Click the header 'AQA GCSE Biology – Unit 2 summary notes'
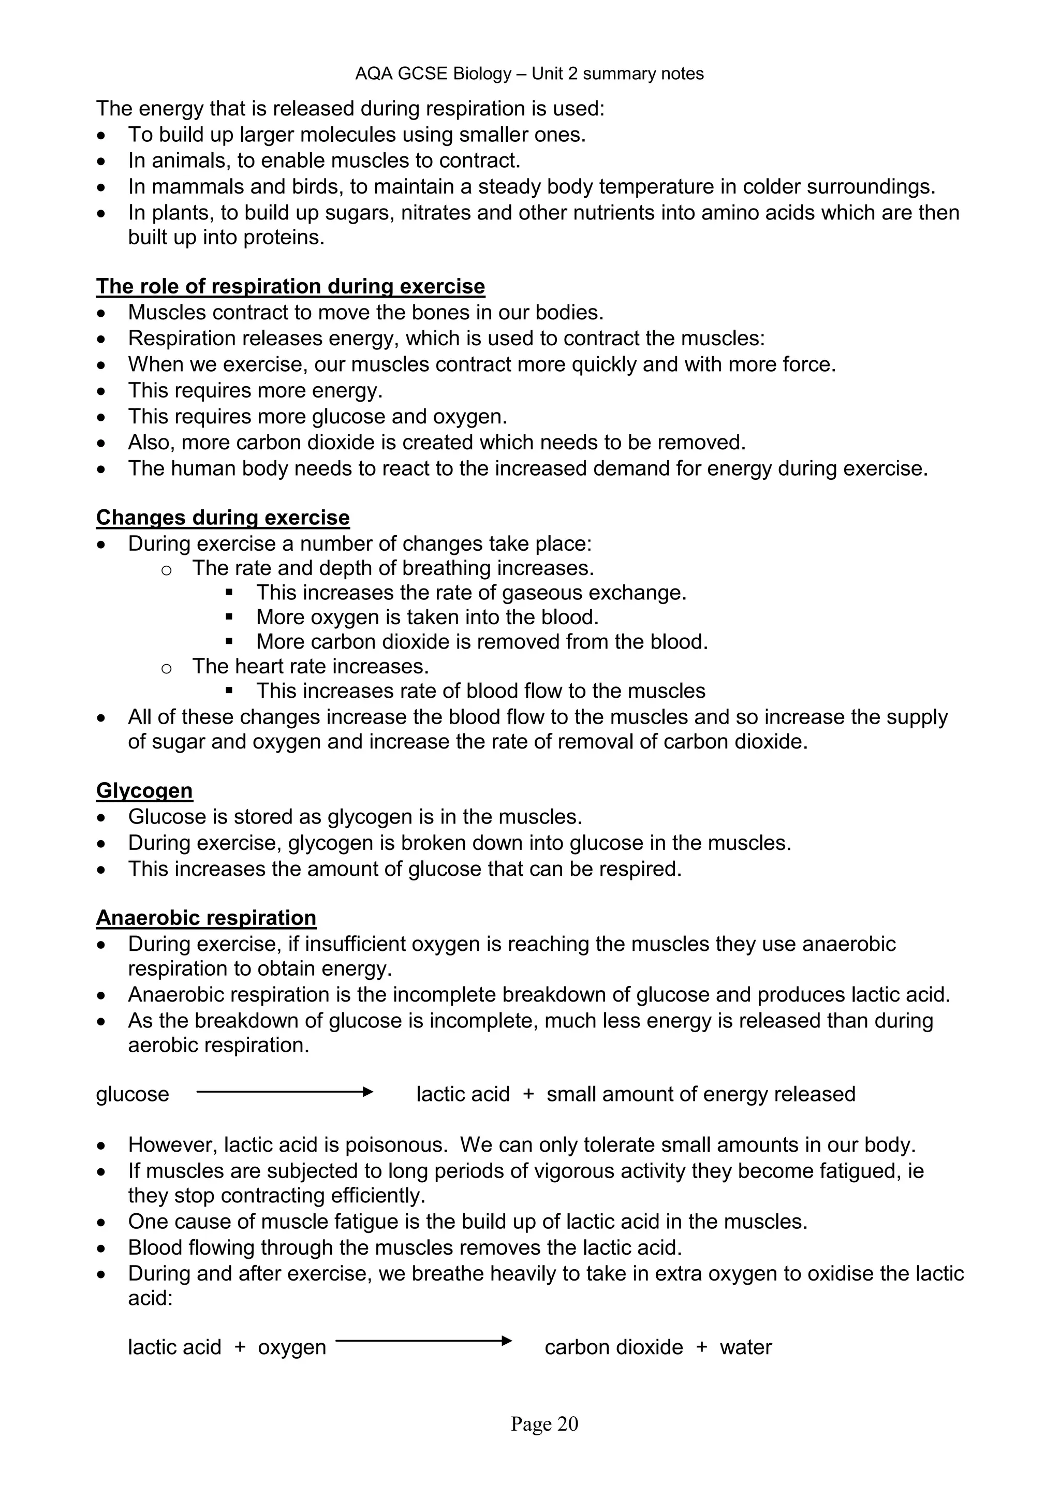pos(529,74)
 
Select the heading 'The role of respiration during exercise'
pos(290,287)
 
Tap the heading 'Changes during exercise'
pos(223,518)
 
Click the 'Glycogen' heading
pos(144,790)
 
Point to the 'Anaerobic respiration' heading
pos(207,917)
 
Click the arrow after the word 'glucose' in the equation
pos(285,1092)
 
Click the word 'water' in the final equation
pos(745,1347)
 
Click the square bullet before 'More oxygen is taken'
pos(229,618)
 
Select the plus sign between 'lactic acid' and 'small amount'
pos(528,1094)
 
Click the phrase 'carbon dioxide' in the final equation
pos(613,1347)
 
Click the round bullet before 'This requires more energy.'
pos(100,392)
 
